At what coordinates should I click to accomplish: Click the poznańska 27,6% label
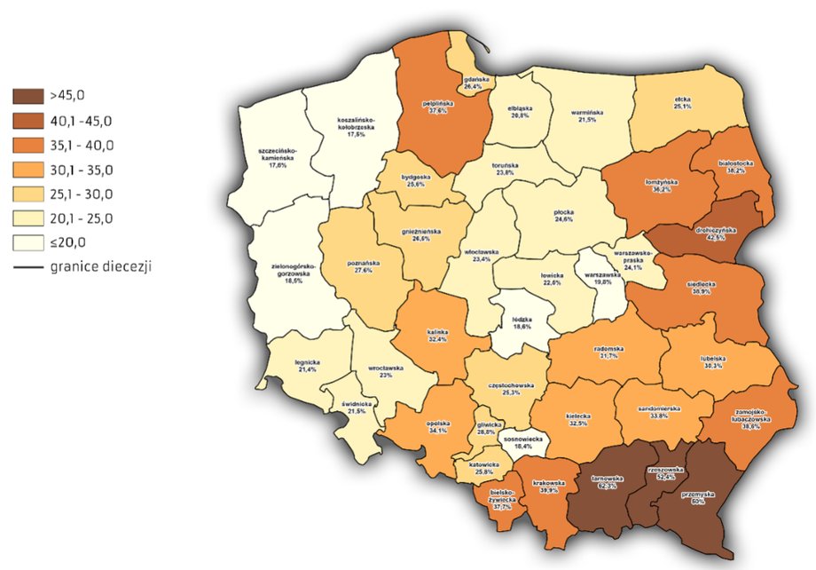tap(361, 266)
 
